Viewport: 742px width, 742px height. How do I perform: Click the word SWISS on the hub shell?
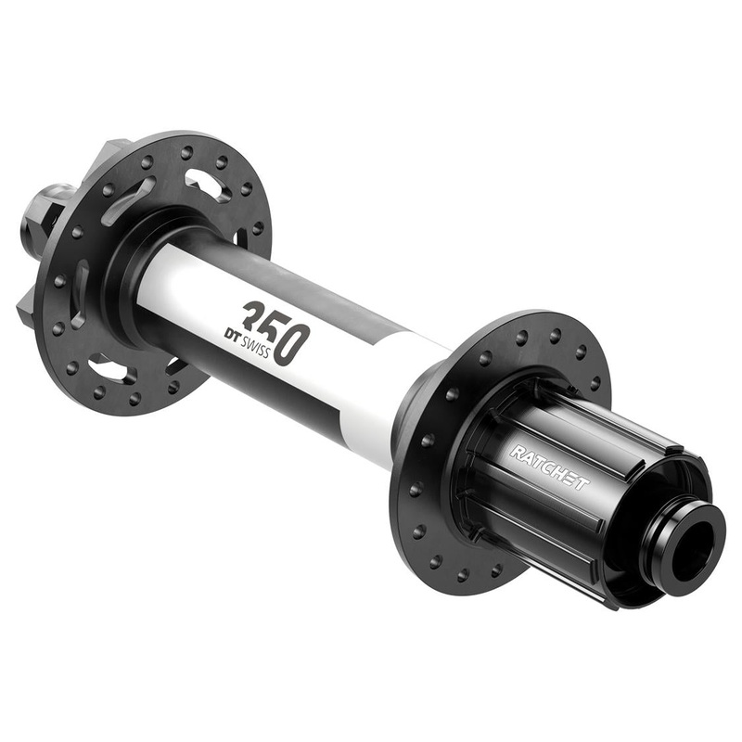point(256,347)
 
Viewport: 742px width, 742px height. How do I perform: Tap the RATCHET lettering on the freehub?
point(548,467)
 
